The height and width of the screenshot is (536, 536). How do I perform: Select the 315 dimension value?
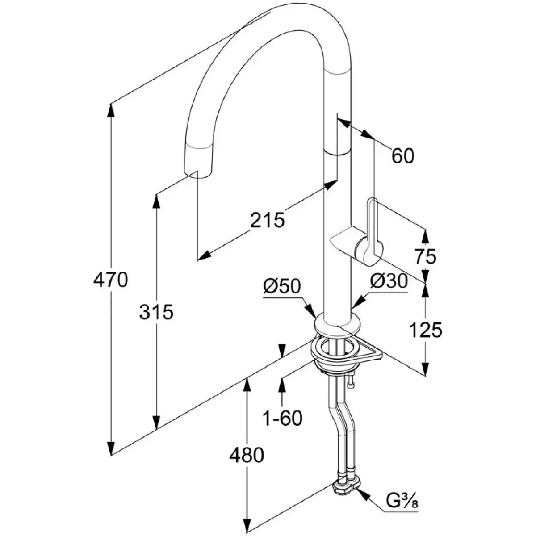pos(156,312)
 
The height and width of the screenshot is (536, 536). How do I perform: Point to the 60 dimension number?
pos(402,156)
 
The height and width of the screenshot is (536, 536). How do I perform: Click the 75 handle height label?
pos(424,257)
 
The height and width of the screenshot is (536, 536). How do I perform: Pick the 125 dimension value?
pos(424,330)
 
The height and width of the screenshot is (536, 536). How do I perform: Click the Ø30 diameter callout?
pos(389,281)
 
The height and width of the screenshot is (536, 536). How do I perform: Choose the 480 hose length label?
pos(247,456)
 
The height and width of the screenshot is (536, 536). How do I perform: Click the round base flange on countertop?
pos(337,325)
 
